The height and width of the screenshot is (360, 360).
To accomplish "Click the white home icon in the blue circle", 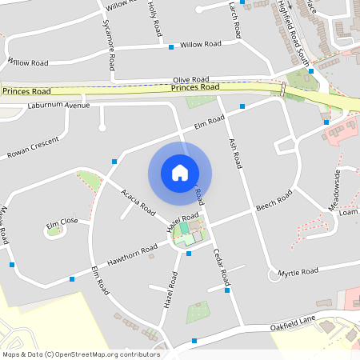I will click(180, 173).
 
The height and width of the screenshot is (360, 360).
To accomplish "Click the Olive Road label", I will click(191, 80).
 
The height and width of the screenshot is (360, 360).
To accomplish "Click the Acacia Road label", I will click(138, 203).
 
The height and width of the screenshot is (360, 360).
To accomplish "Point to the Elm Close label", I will click(62, 222).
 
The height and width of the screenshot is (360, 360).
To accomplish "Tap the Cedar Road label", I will click(222, 268).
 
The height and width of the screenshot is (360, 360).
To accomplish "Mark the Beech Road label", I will click(274, 202).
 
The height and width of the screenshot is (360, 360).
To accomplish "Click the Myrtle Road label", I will click(298, 273).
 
